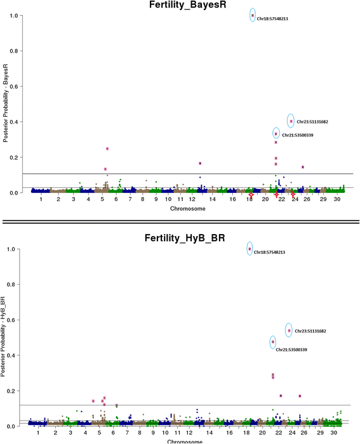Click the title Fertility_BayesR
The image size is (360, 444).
pyautogui.click(x=180, y=6)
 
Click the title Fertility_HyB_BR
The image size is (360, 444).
pyautogui.click(x=180, y=238)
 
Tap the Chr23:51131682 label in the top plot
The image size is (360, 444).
pyautogui.click(x=312, y=122)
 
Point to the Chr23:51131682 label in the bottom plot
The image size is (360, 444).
pyautogui.click(x=312, y=331)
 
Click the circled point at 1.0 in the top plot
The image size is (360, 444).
pyautogui.click(x=253, y=16)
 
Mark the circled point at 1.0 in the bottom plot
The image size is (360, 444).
pyautogui.click(x=250, y=249)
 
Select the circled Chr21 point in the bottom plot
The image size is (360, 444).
pyautogui.click(x=273, y=342)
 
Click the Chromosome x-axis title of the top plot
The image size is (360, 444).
pyautogui.click(x=183, y=208)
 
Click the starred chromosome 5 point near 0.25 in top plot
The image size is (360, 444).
pyautogui.click(x=107, y=148)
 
